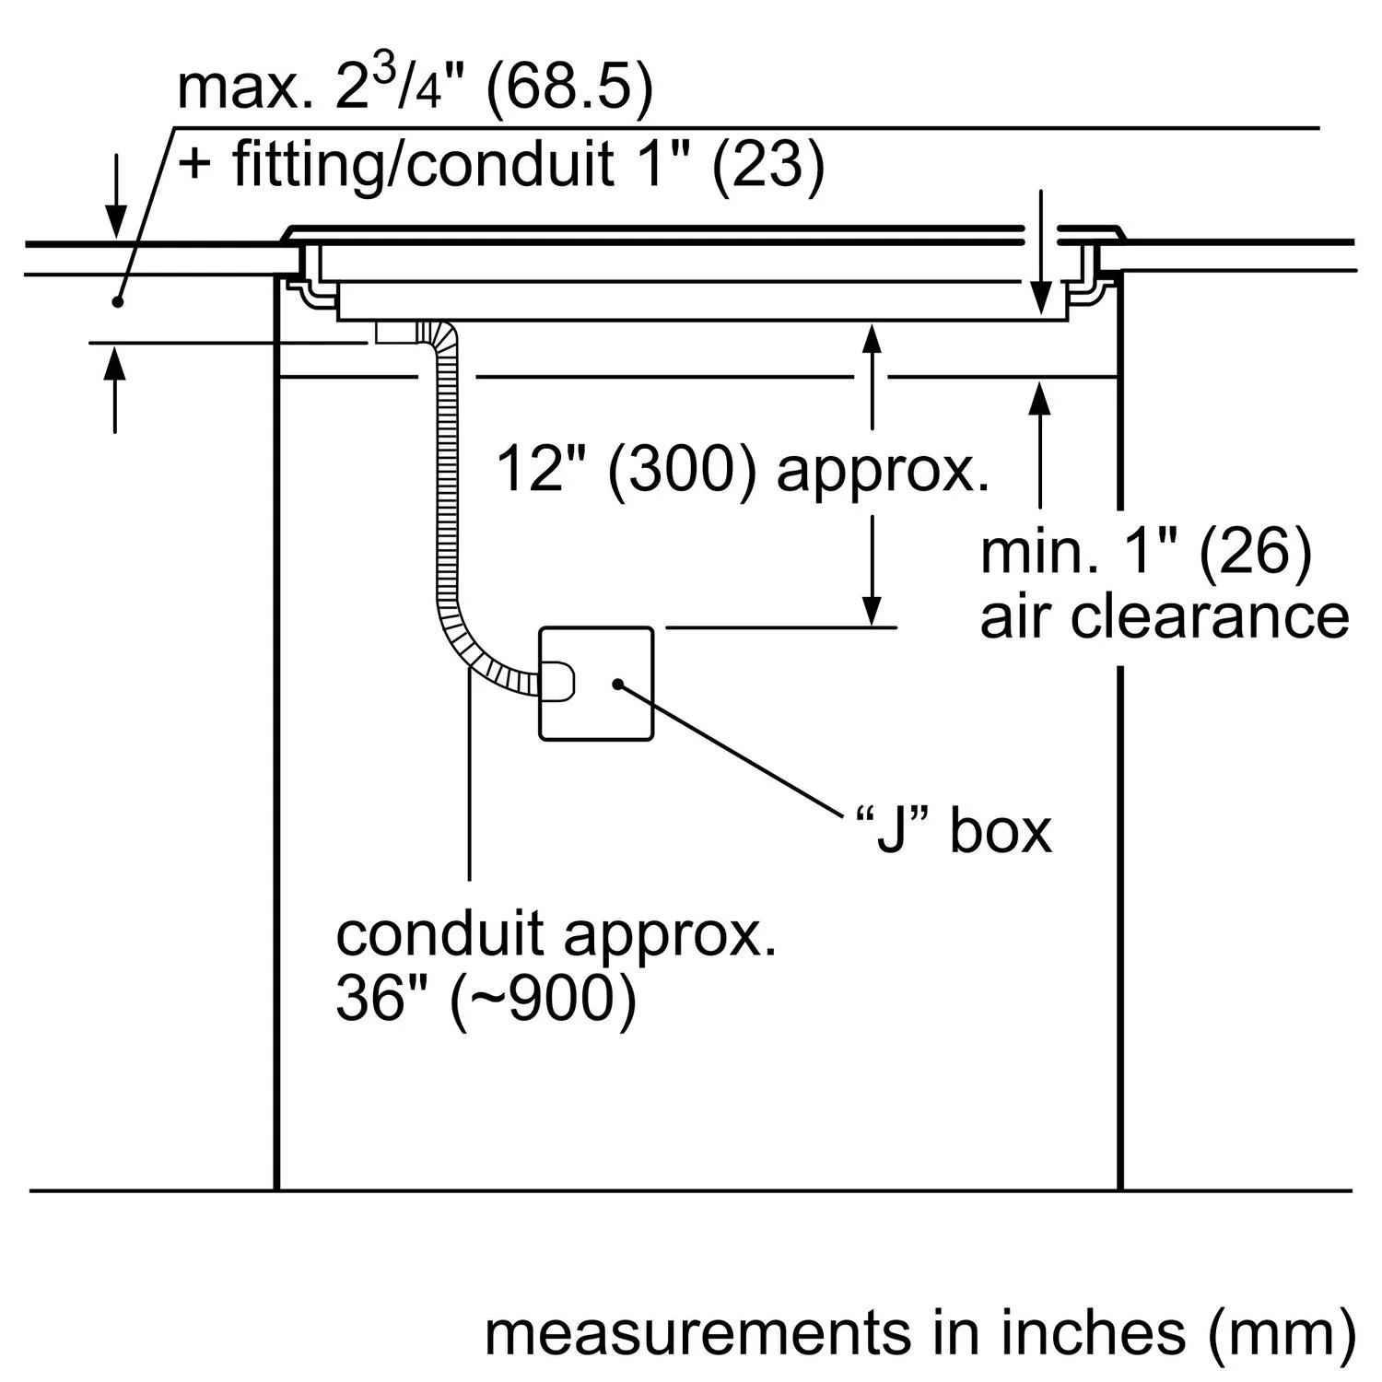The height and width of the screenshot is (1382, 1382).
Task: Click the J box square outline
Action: tap(596, 683)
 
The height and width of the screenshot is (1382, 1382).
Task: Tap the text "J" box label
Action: tap(953, 831)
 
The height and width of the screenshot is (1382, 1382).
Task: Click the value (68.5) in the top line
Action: tap(568, 89)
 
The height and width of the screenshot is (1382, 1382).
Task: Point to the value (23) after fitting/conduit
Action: tap(767, 166)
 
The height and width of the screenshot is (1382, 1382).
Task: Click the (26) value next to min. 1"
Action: tap(1256, 552)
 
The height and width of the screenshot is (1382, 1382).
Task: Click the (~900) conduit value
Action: tap(543, 998)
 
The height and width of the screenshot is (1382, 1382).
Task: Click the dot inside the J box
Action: tap(618, 684)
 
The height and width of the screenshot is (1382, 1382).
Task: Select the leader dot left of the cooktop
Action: tap(117, 300)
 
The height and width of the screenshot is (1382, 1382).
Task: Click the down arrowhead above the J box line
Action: tap(872, 610)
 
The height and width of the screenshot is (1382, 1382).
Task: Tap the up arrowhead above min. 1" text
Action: tap(1040, 398)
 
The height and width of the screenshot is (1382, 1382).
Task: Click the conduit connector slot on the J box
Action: tap(558, 683)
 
